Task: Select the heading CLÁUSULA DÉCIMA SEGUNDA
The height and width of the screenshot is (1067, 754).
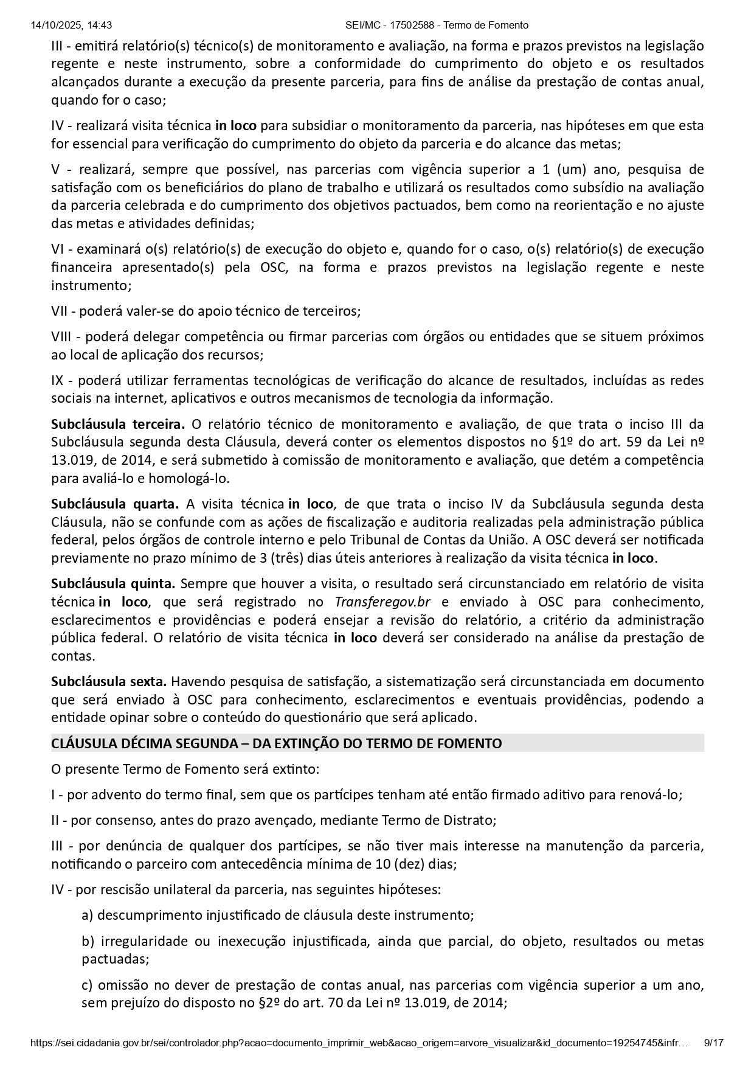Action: tap(276, 743)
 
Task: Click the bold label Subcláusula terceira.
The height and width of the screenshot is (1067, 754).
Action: tap(117, 424)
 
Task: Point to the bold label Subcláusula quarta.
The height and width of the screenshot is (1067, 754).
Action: tap(114, 504)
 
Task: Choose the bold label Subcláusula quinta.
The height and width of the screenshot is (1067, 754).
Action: tap(113, 583)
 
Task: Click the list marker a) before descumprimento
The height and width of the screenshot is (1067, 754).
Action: tap(88, 915)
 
